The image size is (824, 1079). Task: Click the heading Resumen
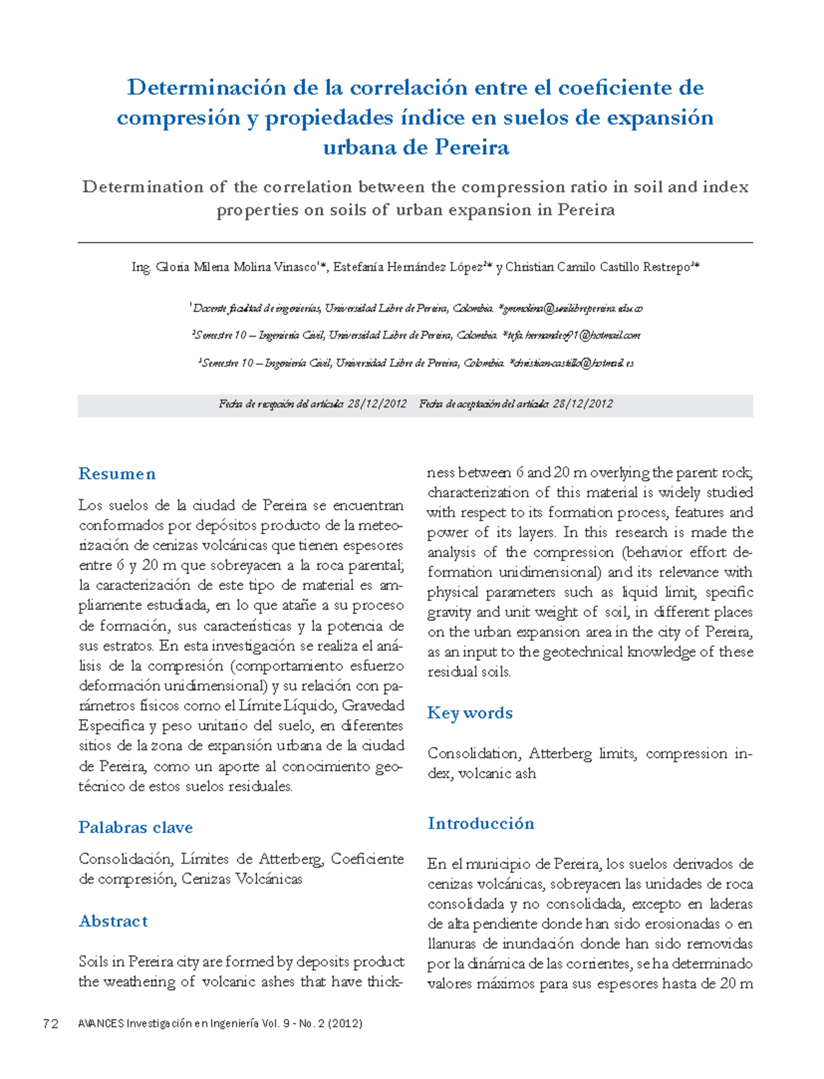(x=117, y=474)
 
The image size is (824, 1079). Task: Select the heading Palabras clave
(x=135, y=828)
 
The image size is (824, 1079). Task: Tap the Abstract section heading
(x=113, y=921)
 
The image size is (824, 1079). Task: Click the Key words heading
(x=470, y=713)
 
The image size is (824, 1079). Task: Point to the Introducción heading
(x=481, y=824)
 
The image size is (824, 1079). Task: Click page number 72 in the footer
(x=50, y=1024)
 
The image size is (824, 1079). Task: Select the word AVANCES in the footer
(x=101, y=1024)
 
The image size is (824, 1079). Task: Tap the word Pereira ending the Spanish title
(x=472, y=148)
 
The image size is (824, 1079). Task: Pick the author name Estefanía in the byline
(x=358, y=267)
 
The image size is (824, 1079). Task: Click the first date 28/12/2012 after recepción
(x=377, y=405)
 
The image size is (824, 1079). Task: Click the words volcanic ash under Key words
(x=497, y=773)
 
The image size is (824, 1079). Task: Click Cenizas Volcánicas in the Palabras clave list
(x=242, y=879)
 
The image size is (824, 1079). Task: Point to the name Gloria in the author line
(x=172, y=267)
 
